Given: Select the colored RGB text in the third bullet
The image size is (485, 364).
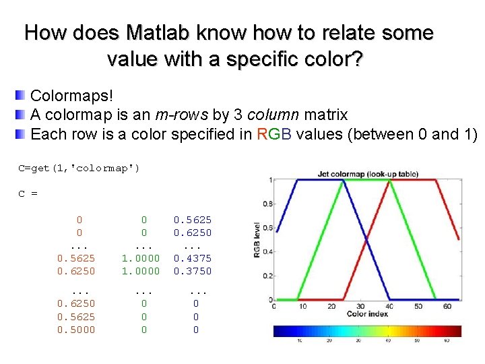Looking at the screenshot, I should [x=273, y=133].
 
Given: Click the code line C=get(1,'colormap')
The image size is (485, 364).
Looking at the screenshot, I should [x=79, y=168].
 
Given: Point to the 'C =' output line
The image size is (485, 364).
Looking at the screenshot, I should [x=28, y=193].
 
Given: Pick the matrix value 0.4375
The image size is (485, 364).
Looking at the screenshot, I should [x=193, y=258].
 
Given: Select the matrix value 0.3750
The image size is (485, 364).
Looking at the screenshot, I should [x=193, y=271].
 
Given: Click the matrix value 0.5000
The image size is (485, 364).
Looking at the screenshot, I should [x=76, y=330].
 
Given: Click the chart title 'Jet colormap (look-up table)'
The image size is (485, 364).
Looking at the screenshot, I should [x=367, y=174].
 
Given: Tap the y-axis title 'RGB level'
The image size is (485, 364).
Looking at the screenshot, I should [x=257, y=240].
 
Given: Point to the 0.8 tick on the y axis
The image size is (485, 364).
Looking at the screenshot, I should [x=267, y=204].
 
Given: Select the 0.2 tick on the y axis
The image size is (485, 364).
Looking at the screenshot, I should [x=267, y=276].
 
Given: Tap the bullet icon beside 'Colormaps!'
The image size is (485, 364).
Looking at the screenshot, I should [x=22, y=96].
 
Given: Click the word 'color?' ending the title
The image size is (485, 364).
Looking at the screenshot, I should [x=334, y=59].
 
